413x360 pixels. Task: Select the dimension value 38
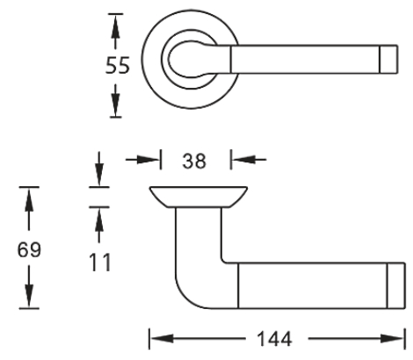[195, 161]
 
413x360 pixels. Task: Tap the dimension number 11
[101, 261]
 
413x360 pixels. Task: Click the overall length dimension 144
[270, 337]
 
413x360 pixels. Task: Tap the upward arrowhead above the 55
[114, 25]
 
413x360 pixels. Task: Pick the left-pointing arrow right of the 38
[238, 161]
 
